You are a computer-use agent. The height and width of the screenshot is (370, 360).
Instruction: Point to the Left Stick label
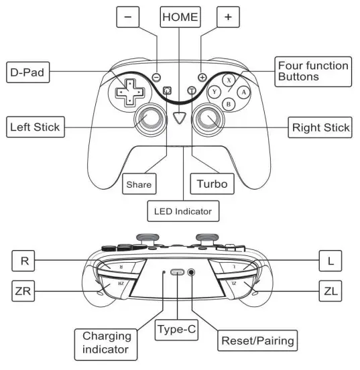coord(35,127)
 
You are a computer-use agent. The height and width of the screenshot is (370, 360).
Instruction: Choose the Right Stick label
coord(320,127)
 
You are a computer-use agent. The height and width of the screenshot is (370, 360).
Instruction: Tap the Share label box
coord(139,183)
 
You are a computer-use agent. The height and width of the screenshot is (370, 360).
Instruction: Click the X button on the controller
coord(229,79)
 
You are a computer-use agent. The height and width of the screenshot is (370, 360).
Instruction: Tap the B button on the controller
coord(229,104)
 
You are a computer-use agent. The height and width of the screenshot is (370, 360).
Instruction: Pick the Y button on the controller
coord(215,91)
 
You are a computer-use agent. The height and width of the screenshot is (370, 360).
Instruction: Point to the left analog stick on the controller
coord(150,120)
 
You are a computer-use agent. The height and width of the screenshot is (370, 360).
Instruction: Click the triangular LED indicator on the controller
coord(179,118)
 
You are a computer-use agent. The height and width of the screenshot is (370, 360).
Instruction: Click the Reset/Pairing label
coord(257,341)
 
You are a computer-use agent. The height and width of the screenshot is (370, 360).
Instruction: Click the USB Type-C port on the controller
coord(178,273)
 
